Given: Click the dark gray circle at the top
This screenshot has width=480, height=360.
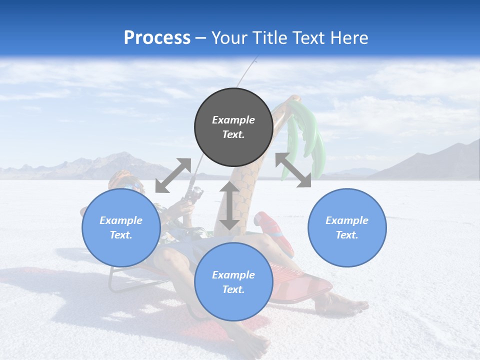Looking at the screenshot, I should tap(233, 127).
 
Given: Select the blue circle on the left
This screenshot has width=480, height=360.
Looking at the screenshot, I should tap(121, 227).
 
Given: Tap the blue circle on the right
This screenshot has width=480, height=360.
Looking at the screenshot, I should tap(347, 227).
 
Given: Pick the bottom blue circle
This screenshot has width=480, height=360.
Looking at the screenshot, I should tap(233, 282).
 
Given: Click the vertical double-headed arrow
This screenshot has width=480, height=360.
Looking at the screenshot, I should tap(229, 205).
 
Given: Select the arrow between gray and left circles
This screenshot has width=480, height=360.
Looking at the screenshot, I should tap(173, 175).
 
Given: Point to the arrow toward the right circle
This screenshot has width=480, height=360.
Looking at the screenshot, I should tap(293, 170).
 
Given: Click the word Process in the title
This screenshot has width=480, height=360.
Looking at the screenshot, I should tap(157, 38).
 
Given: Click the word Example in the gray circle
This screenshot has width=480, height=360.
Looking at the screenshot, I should tap(233, 120).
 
